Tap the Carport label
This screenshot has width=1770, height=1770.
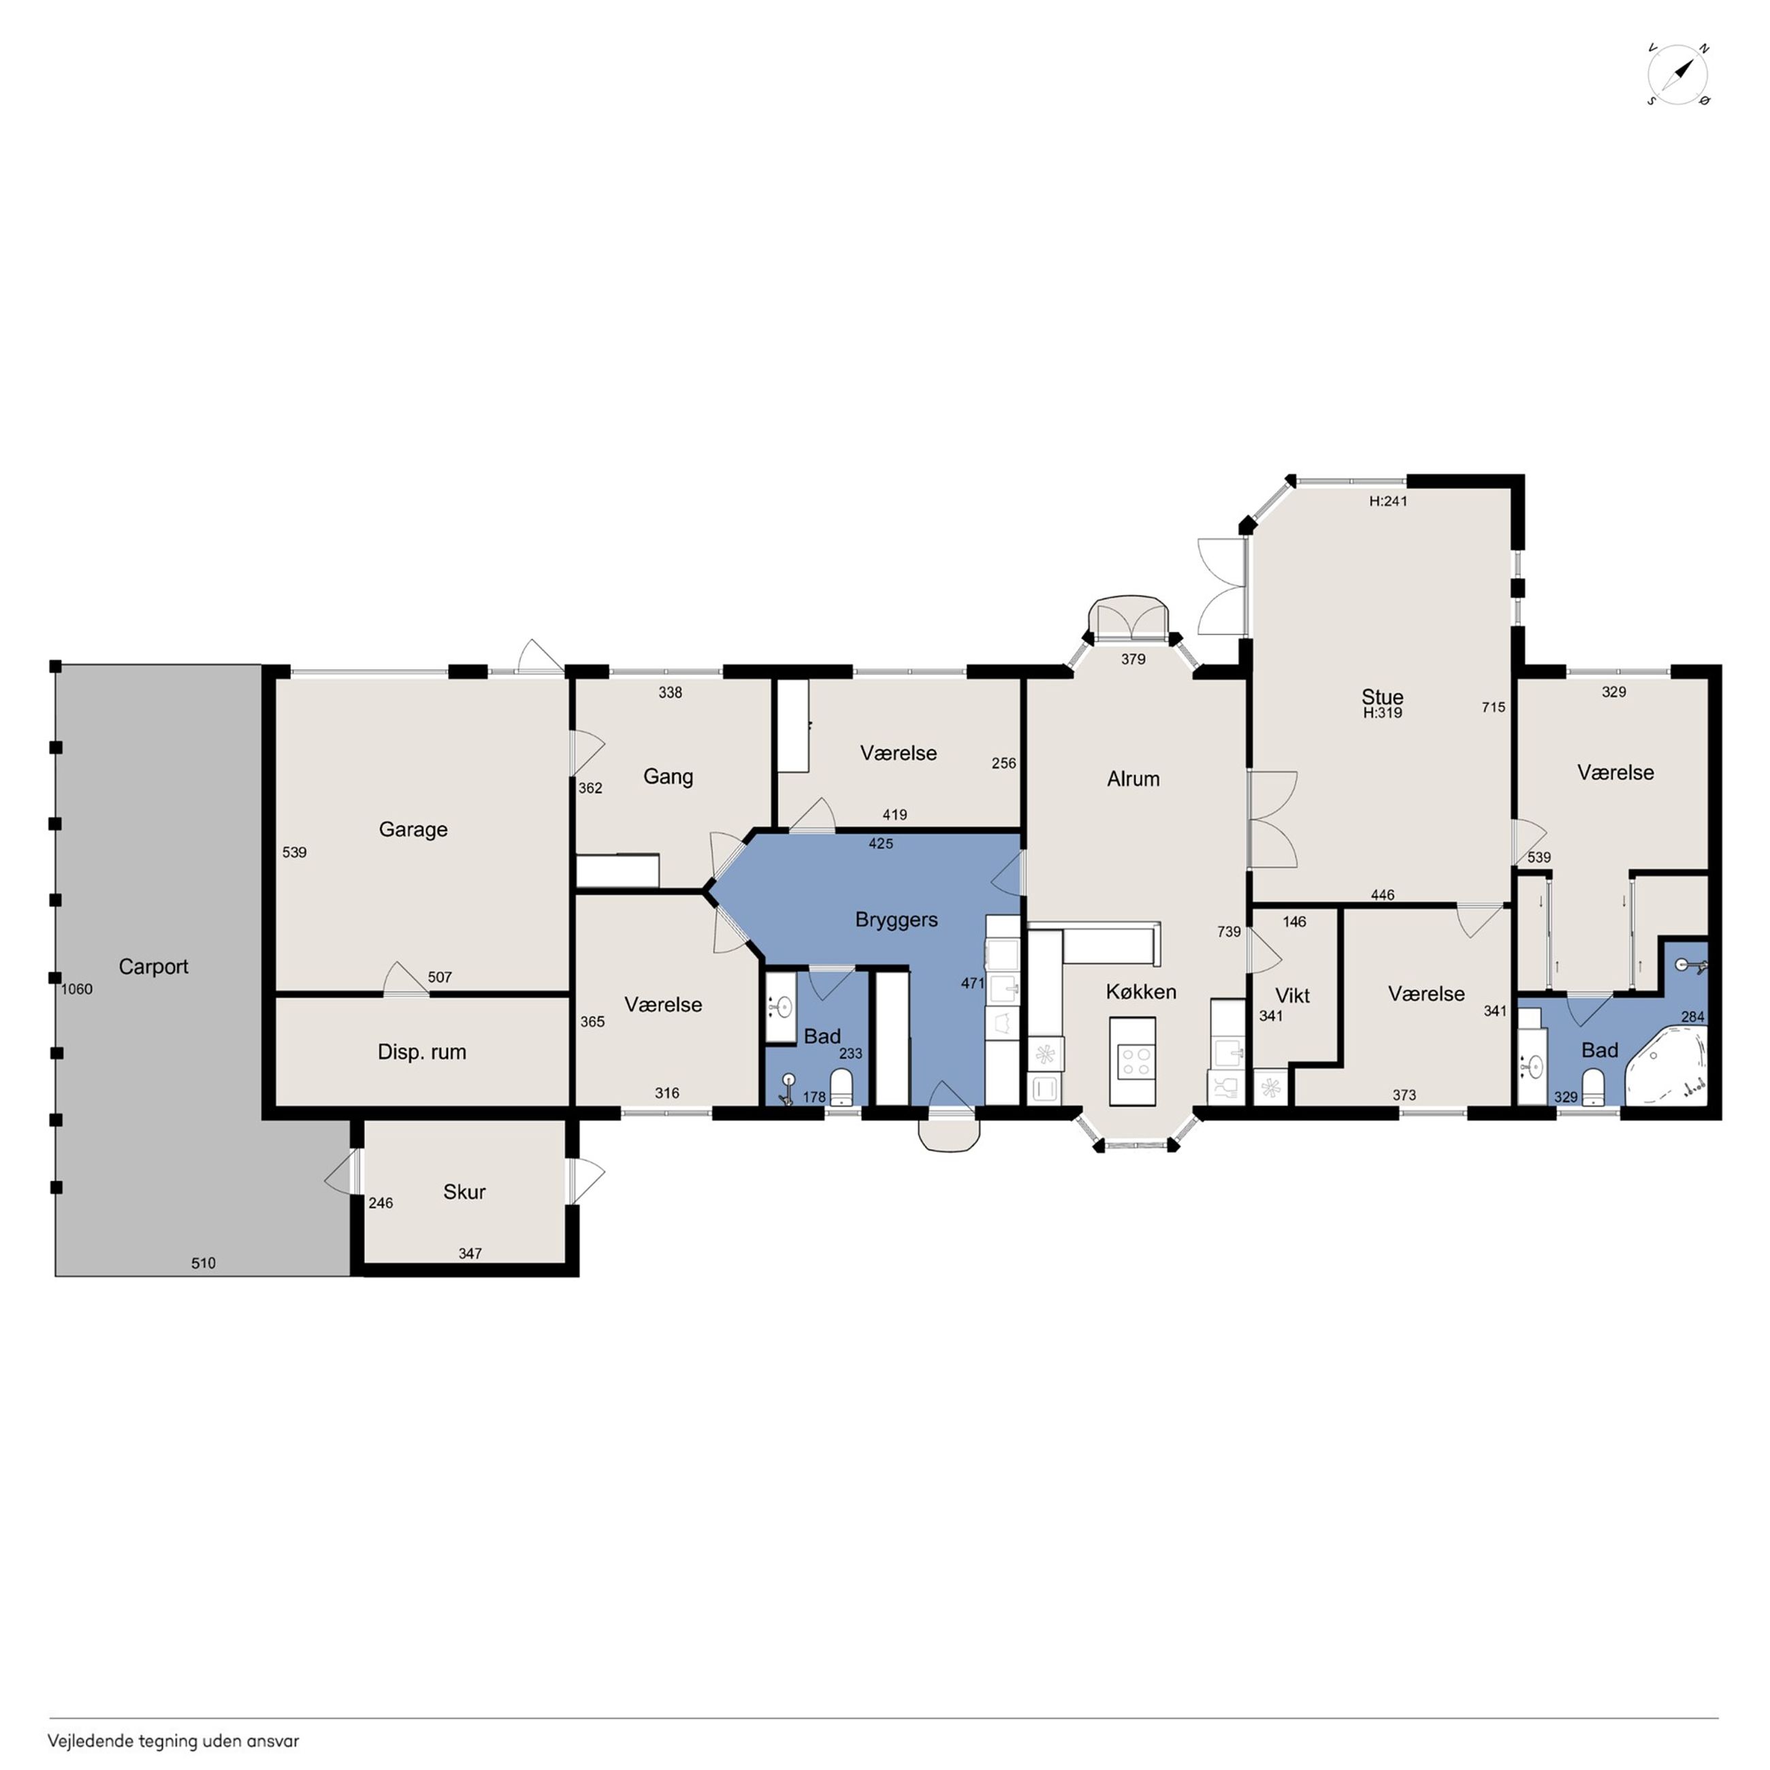[x=153, y=967]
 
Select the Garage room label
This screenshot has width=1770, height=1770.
[x=413, y=829]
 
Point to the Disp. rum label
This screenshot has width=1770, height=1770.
[x=421, y=1052]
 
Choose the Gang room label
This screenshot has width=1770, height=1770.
[x=668, y=777]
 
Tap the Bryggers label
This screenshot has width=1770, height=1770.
[x=896, y=920]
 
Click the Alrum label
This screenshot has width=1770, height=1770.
[x=1133, y=779]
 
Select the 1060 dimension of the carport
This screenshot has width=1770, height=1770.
[x=77, y=988]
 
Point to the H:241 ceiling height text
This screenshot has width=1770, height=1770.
[x=1388, y=501]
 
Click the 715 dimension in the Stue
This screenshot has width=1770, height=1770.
[x=1494, y=707]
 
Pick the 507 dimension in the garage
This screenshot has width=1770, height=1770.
[x=440, y=977]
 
